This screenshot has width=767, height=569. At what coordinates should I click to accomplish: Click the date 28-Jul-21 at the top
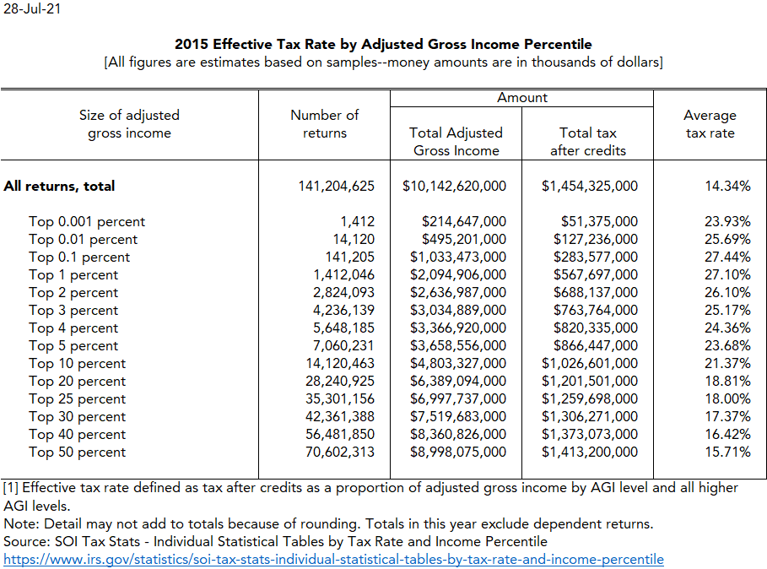pyautogui.click(x=31, y=10)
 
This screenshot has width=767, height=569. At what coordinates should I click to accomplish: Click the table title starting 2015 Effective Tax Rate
pyautogui.click(x=383, y=44)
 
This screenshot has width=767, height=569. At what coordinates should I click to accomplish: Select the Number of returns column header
pyautogui.click(x=325, y=123)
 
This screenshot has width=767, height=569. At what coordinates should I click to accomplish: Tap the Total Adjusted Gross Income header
pyautogui.click(x=456, y=141)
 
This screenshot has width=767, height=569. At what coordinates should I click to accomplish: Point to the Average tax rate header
pyautogui.click(x=710, y=123)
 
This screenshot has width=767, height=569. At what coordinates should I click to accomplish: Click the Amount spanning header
pyautogui.click(x=522, y=98)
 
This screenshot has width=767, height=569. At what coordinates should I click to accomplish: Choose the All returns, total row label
pyautogui.click(x=59, y=186)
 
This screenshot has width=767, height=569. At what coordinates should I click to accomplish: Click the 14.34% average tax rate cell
pyautogui.click(x=727, y=186)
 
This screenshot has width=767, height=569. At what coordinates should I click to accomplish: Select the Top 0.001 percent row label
pyautogui.click(x=87, y=222)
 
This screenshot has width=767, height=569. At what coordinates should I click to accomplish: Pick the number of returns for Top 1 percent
pyautogui.click(x=344, y=275)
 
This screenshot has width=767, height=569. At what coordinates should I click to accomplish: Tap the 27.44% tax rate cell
pyautogui.click(x=727, y=257)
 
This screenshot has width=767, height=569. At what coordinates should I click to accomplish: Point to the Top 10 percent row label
pyautogui.click(x=77, y=364)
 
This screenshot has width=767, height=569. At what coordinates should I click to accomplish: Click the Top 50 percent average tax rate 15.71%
pyautogui.click(x=727, y=452)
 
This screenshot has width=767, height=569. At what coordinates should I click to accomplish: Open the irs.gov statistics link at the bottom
pyautogui.click(x=333, y=560)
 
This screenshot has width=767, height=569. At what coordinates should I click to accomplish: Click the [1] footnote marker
pyautogui.click(x=11, y=488)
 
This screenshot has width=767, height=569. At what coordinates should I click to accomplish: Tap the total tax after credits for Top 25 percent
pyautogui.click(x=590, y=399)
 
